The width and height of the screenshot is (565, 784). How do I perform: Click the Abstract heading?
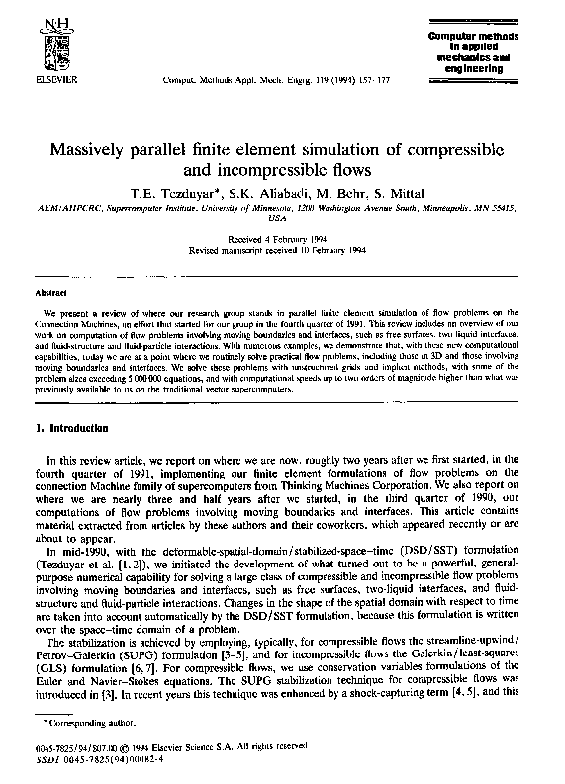click(50, 265)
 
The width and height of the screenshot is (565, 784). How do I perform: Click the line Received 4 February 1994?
click(282, 239)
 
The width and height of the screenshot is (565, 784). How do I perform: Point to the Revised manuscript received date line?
click(282, 249)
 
